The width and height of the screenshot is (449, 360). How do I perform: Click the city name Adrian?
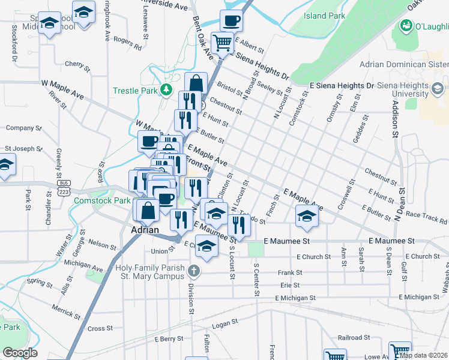(x=145, y=230)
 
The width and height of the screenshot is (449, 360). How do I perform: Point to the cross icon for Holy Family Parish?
(x=193, y=271)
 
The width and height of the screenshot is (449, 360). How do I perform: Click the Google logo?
(x=20, y=352)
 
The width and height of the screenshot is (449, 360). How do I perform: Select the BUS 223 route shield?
(x=63, y=187)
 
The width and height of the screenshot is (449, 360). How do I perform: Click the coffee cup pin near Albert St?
(x=231, y=22)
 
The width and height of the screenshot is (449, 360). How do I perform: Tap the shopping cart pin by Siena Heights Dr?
(x=223, y=43)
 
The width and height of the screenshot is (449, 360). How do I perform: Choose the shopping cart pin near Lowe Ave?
(x=399, y=351)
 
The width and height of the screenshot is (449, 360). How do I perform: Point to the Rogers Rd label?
(x=127, y=43)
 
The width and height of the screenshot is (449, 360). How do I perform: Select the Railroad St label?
(x=350, y=338)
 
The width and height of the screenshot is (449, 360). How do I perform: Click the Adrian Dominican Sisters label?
(x=403, y=65)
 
